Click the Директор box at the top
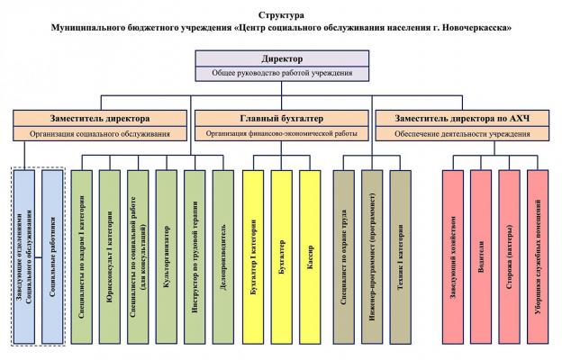(281, 59)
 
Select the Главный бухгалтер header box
(281, 118)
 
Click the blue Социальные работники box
(52, 256)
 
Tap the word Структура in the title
(280, 15)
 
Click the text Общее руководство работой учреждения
(281, 74)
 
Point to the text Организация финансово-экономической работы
(281, 133)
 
